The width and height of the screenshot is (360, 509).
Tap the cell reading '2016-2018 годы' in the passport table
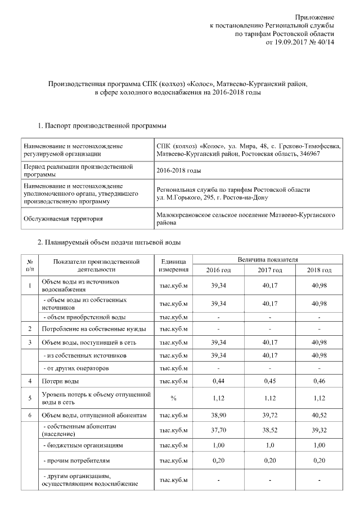click(x=179, y=170)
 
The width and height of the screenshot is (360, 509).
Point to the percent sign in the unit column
click(x=173, y=398)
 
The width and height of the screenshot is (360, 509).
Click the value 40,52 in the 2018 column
click(x=318, y=416)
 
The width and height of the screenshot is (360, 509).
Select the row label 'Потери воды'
click(x=60, y=381)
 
